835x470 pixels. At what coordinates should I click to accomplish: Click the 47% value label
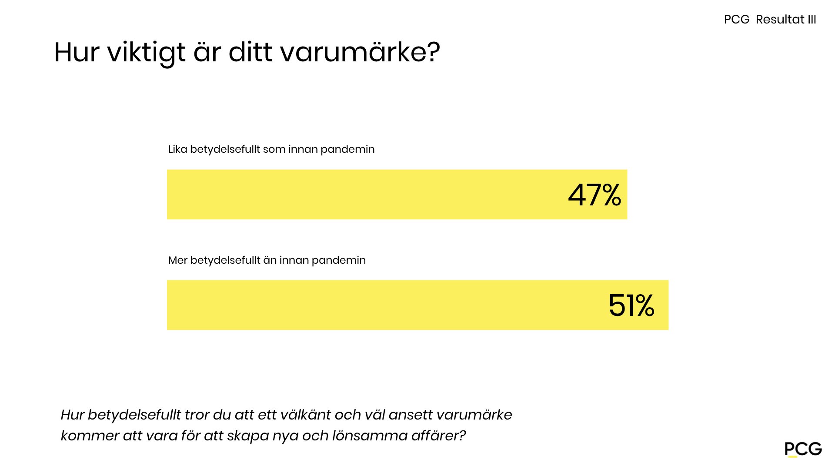point(595,195)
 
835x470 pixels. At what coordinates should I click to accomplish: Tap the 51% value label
point(631,305)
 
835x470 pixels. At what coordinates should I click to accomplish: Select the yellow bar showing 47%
point(365,195)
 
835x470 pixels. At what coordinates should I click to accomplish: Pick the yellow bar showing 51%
point(383,305)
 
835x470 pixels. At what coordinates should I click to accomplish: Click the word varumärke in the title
point(360,53)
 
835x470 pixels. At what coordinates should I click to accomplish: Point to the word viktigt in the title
point(147,53)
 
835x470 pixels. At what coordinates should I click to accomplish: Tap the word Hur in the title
point(76,53)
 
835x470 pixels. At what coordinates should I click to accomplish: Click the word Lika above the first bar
point(177,149)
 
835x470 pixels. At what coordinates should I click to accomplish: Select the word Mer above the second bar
point(177,260)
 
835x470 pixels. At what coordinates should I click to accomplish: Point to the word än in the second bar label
point(270,260)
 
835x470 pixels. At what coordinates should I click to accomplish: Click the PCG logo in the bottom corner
point(803,449)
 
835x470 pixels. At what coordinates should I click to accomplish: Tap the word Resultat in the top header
point(780,20)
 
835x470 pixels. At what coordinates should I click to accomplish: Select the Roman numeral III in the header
point(812,20)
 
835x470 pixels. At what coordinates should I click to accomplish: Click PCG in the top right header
point(737,20)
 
